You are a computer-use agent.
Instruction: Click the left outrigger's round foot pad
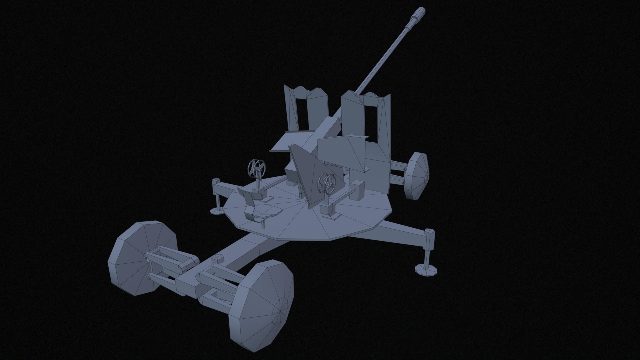[217, 210]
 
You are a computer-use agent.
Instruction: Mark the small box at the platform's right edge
[358, 190]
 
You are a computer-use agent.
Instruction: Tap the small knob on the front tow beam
[218, 258]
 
